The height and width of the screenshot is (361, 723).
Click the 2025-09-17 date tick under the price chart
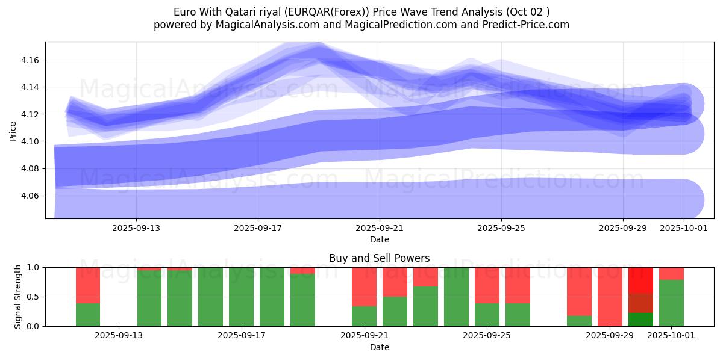258,228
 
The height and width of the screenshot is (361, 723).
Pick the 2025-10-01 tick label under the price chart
684,228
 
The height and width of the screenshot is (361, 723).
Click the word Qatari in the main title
243,12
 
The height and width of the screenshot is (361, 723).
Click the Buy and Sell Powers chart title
379,258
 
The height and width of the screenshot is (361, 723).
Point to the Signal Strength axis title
18,297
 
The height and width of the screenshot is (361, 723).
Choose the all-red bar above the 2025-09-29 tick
610,297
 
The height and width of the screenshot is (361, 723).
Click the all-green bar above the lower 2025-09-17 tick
241,297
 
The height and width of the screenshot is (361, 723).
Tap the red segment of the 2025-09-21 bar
364,286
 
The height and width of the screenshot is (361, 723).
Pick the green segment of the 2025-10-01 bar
671,303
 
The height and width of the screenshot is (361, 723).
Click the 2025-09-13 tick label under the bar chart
119,335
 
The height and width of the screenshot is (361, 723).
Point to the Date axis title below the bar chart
379,347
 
